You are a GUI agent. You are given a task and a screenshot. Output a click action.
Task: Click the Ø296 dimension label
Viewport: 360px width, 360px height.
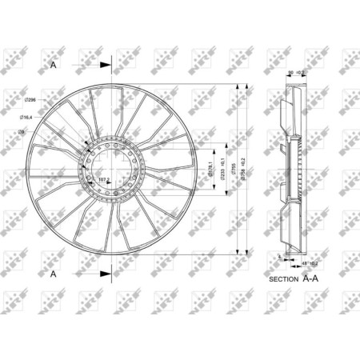click(x=29, y=100)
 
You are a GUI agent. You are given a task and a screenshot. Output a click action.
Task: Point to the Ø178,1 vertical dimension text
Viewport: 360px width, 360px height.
click(x=212, y=170)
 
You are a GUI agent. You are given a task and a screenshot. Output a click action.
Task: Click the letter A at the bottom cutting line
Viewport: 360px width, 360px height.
click(x=53, y=274)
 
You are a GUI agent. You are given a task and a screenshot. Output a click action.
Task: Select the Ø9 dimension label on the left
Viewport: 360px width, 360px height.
click(x=23, y=130)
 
